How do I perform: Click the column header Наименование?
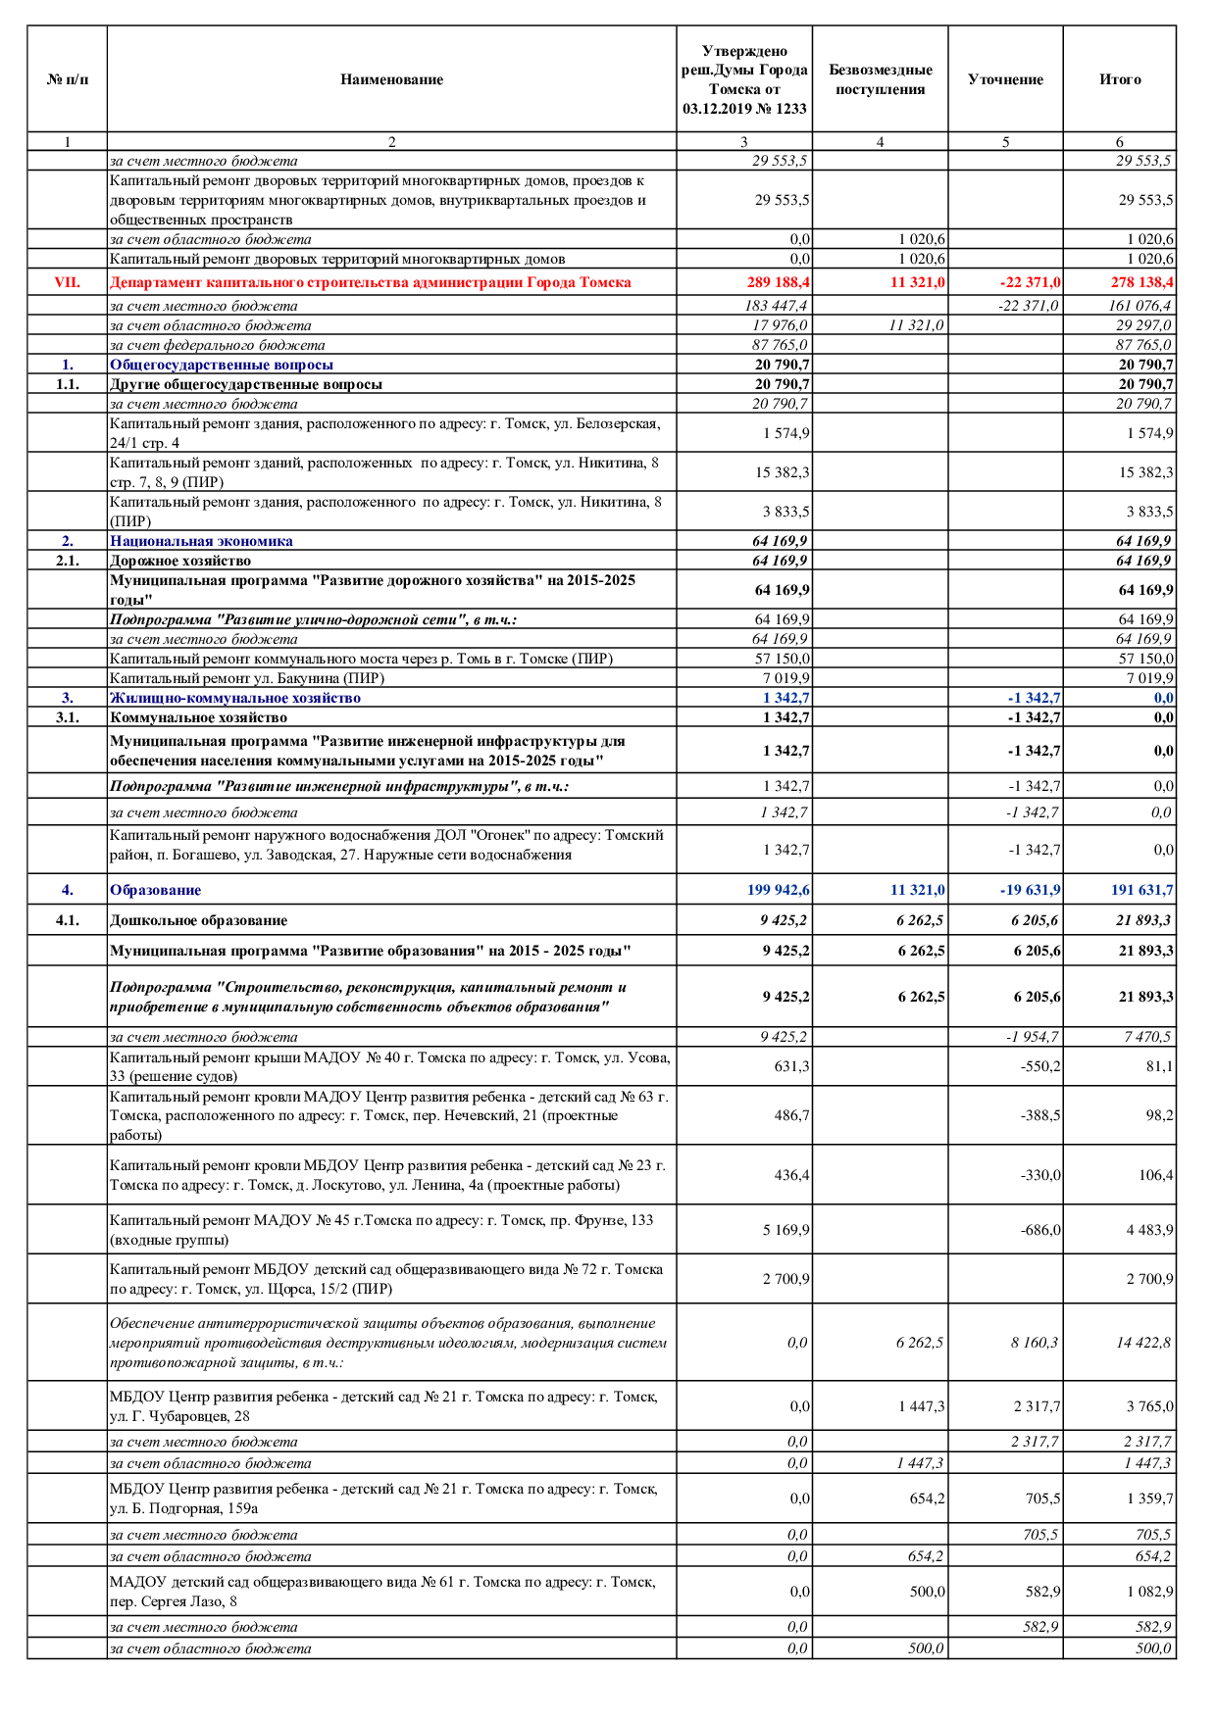click(391, 79)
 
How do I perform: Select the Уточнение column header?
click(1005, 79)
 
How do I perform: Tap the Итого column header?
click(1120, 79)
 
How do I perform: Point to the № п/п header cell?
click(68, 79)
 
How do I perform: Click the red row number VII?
click(68, 282)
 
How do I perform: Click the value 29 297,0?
click(1143, 325)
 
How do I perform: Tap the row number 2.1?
click(68, 561)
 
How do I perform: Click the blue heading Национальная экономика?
click(201, 541)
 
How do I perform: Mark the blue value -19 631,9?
click(1030, 890)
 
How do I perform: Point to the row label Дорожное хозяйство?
click(180, 561)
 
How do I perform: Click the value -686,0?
click(1040, 1230)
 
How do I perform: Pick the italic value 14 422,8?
click(1143, 1343)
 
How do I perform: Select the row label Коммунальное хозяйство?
click(198, 717)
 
